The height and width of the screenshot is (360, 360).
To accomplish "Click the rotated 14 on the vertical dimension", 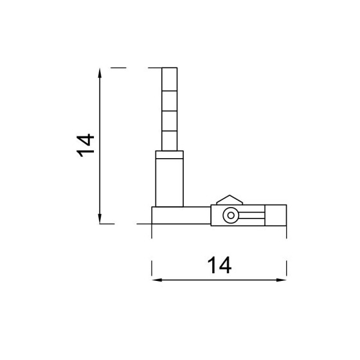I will pyautogui.click(x=85, y=145).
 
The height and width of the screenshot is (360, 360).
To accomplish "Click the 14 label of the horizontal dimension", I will pyautogui.click(x=219, y=264).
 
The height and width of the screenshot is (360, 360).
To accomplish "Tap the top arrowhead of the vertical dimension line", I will pyautogui.click(x=100, y=72).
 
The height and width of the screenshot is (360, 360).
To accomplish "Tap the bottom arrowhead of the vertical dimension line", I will pyautogui.click(x=100, y=219).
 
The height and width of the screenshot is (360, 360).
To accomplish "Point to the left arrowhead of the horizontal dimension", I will pyautogui.click(x=156, y=280).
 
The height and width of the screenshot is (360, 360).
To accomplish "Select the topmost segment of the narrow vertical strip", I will pyautogui.click(x=168, y=78).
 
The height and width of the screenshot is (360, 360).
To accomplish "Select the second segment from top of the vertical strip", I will pyautogui.click(x=168, y=99).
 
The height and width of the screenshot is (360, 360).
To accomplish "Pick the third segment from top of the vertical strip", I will pyautogui.click(x=168, y=120).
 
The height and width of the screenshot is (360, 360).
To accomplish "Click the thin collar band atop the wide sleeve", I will pyautogui.click(x=170, y=155).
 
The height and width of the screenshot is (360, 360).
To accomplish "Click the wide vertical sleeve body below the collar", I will pyautogui.click(x=170, y=182).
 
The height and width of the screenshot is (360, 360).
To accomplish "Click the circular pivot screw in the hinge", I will pyautogui.click(x=229, y=217).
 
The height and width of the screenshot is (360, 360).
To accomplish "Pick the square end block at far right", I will pyautogui.click(x=276, y=216).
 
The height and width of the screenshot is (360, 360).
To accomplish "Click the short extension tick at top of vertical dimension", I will pyautogui.click(x=119, y=67).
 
